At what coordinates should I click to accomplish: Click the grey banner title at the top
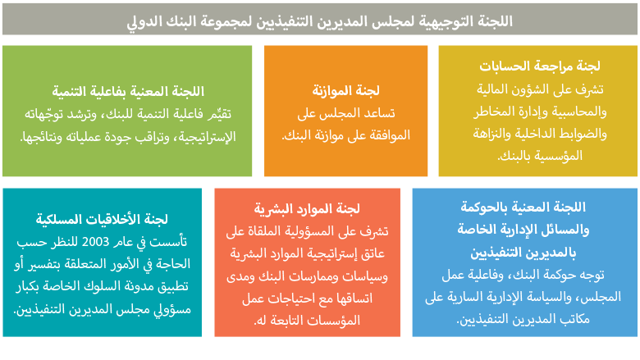coord(320,21)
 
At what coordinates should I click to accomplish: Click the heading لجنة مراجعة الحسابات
coord(540,66)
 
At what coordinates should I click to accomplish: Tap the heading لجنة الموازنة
coord(345,90)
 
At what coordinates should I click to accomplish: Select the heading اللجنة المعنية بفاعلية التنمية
coord(128,91)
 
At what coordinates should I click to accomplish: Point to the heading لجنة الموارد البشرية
coord(307,209)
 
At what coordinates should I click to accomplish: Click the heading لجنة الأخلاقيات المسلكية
coord(102,219)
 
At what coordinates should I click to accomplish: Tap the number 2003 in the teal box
coord(95,242)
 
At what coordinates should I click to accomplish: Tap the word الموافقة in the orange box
coord(390,135)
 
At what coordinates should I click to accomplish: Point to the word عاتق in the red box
coord(373,253)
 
